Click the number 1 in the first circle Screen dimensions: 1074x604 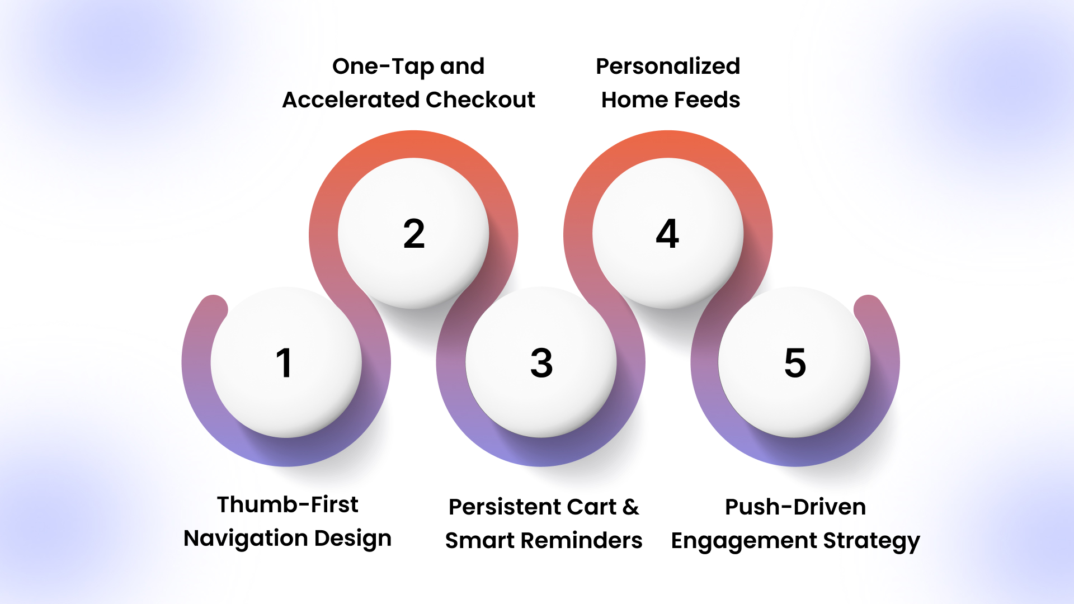point(284,363)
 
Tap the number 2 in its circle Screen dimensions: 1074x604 point(414,234)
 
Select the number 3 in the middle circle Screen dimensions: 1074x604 point(541,363)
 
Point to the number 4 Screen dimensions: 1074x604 point(667,233)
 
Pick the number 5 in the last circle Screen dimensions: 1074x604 point(795,363)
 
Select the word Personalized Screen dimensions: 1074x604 point(668,66)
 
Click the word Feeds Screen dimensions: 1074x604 point(706,100)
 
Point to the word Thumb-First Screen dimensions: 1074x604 point(288,504)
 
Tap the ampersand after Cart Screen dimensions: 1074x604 point(630,507)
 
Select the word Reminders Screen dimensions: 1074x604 point(582,540)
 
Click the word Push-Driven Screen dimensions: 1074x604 point(795,507)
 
